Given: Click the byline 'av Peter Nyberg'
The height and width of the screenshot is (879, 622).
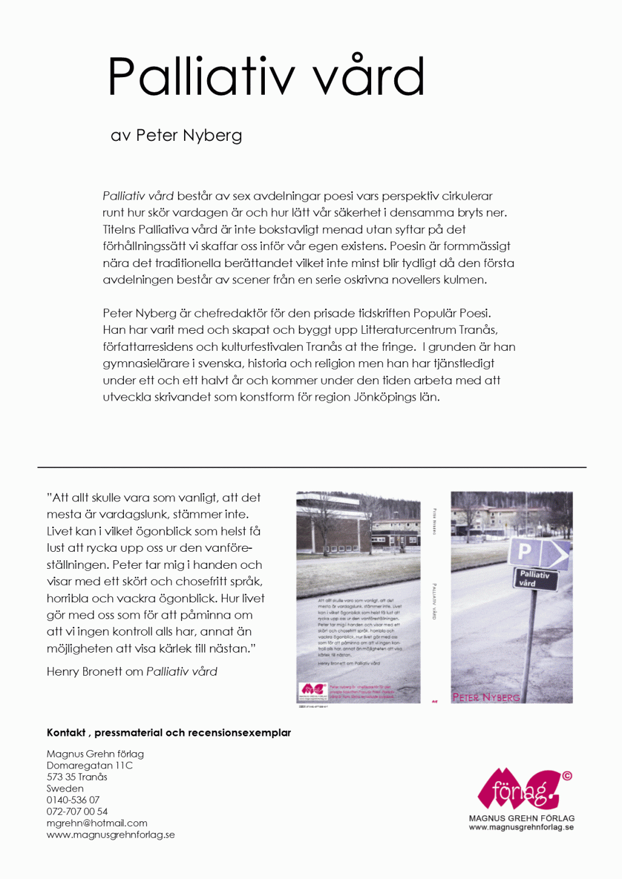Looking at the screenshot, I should click(176, 135).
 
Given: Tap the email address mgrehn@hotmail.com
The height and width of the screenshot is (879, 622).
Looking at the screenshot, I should click(97, 823).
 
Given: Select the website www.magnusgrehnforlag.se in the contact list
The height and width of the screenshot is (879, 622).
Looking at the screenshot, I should click(111, 835).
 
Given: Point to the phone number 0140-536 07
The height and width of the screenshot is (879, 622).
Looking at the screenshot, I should click(73, 800).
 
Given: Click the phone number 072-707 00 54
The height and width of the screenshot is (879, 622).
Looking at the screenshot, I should click(77, 812).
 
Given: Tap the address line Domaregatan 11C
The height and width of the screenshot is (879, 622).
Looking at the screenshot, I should click(89, 765).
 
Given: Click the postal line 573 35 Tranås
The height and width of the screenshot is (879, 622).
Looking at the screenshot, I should click(77, 777).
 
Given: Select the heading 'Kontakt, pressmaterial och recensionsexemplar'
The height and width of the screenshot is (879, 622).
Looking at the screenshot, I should click(169, 733).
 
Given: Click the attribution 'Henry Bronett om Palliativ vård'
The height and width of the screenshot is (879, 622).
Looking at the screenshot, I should click(132, 672).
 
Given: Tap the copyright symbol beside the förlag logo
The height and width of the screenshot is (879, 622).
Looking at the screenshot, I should click(567, 776).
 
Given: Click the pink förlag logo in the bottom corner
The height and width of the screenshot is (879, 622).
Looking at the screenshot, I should click(521, 789).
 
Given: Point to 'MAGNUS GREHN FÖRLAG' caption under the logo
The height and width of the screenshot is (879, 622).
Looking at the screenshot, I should click(521, 818).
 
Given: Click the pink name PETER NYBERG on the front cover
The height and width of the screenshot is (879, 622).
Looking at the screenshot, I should click(486, 697).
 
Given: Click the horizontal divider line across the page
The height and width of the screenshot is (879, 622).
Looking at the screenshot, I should click(311, 467).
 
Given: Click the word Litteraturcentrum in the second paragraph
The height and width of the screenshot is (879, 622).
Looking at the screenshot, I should click(408, 330).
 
